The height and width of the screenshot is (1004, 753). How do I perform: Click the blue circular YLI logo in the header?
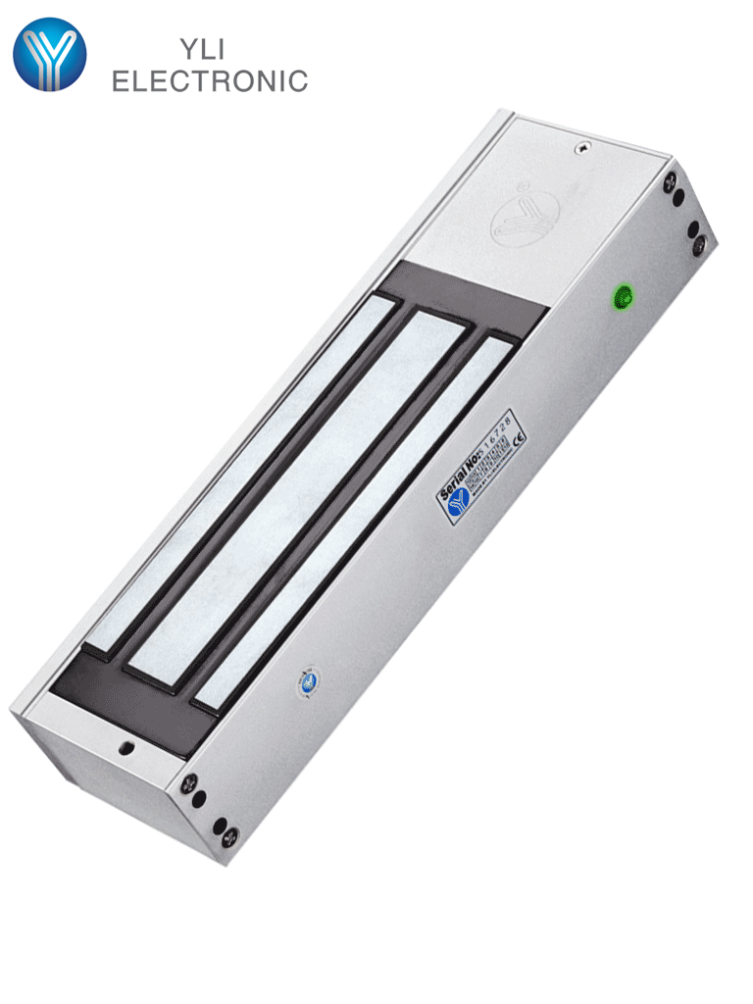click(49, 55)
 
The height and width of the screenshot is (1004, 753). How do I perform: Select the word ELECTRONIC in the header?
click(210, 81)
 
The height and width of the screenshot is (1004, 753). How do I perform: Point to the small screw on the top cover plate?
click(582, 148)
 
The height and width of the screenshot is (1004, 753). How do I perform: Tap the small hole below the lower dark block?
click(125, 748)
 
